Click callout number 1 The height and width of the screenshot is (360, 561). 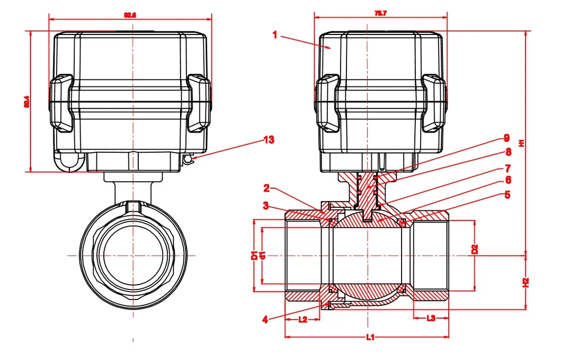click(275, 35)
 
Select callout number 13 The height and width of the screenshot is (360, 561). click(269, 140)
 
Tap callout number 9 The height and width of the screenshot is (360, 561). click(506, 138)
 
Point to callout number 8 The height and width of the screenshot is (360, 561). click(508, 152)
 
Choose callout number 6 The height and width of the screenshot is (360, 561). click(507, 181)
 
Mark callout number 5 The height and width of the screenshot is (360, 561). click(507, 195)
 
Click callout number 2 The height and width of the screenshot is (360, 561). click(268, 188)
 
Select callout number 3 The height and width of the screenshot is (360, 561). click(268, 205)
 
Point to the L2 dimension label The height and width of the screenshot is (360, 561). click(302, 319)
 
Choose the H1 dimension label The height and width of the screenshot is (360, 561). click(521, 143)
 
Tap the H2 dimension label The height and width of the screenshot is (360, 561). click(525, 283)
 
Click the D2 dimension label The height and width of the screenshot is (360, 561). click(475, 249)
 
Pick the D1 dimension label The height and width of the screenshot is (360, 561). click(254, 255)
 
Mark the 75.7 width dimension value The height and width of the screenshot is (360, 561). click(380, 12)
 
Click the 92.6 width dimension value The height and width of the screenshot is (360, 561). click(130, 15)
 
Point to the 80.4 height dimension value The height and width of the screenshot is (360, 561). click(26, 101)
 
